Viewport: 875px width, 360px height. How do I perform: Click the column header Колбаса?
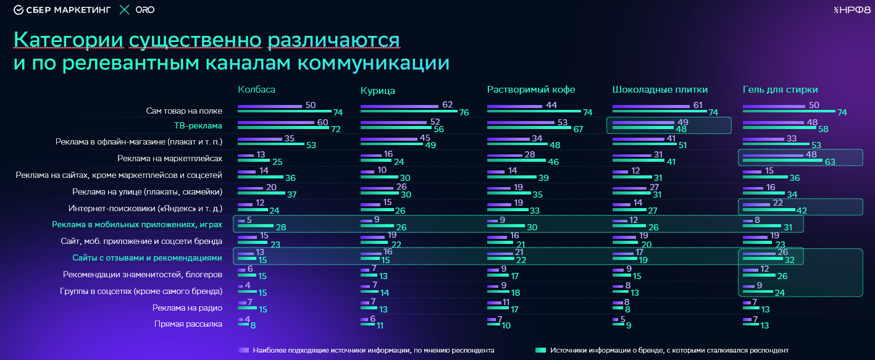point(256,90)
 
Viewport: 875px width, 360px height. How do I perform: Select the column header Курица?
point(378,91)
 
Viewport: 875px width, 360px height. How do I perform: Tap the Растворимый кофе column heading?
point(531,90)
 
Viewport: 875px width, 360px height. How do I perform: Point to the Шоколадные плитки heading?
point(659,90)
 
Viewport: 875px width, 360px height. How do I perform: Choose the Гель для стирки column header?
point(780,90)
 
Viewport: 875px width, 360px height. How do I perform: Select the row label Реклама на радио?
point(187,307)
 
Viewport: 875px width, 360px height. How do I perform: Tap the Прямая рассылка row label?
point(188,323)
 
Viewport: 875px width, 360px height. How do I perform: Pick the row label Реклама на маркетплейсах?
point(170,159)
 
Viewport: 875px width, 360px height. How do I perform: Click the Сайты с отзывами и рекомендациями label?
point(147,257)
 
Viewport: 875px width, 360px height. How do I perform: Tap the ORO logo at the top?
point(144,10)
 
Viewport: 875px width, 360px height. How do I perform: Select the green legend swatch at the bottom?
point(540,350)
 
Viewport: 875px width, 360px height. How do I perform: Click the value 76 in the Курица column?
point(464,112)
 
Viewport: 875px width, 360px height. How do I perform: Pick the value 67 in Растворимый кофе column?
point(578,129)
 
